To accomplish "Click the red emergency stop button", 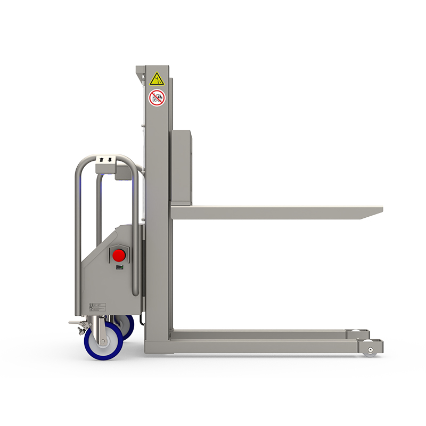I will click(119, 254).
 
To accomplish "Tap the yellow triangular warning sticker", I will click(157, 79).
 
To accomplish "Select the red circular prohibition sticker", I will click(157, 98).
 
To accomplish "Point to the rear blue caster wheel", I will click(127, 326).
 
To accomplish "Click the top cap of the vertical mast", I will click(153, 68).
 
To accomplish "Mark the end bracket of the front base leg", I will click(372, 347).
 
